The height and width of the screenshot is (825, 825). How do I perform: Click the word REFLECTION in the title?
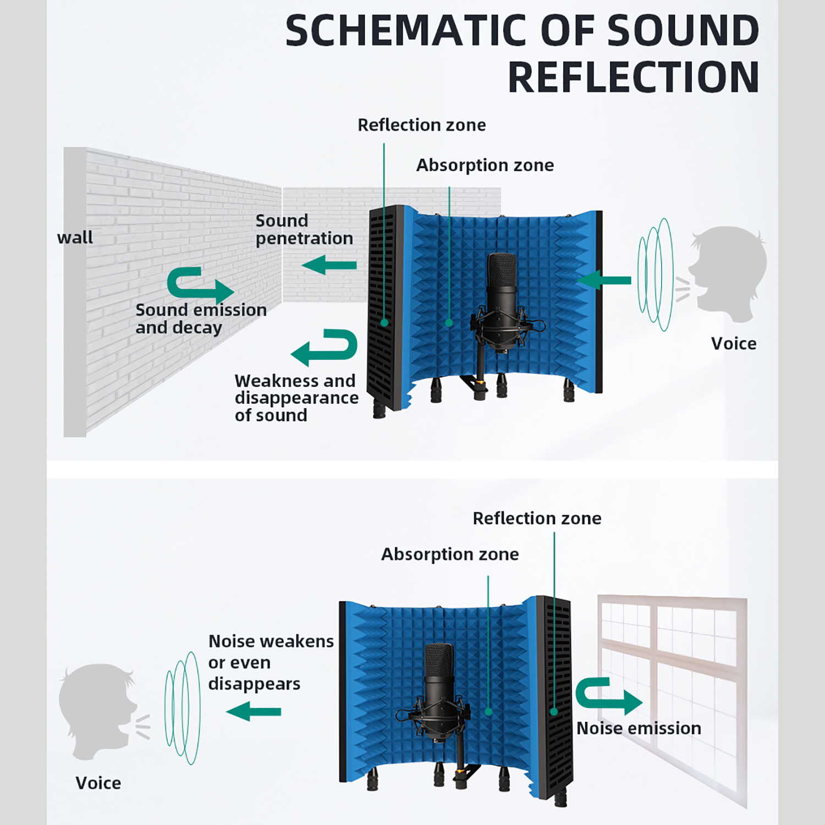634,77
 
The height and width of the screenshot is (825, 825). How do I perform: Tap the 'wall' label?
75,238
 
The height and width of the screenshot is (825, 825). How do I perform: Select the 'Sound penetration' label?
304,229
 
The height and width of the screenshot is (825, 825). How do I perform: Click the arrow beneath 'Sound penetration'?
329,265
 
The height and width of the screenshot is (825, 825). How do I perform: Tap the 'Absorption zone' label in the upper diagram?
485,165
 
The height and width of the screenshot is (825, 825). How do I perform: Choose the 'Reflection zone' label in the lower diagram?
537,518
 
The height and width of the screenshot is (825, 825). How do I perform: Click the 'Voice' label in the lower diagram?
98,783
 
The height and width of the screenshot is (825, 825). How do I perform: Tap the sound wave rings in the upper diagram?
656,274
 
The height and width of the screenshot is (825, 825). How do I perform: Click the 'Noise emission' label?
639,728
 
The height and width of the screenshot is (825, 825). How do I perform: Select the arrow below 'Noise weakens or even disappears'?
254,711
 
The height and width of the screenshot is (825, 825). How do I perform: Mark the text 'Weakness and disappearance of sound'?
296,398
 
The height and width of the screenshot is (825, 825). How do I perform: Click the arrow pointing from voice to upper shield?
604,280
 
